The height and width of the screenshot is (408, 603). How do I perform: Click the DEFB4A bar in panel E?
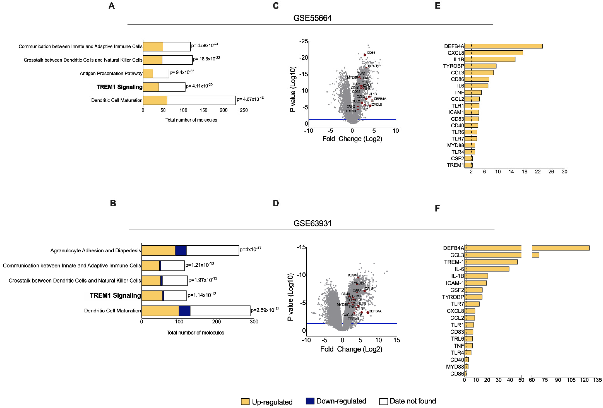(x=503, y=46)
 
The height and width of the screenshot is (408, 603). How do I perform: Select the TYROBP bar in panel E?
(x=480, y=66)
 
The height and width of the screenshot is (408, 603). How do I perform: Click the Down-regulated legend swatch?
(x=310, y=401)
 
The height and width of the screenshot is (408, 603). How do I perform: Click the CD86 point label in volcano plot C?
(x=371, y=53)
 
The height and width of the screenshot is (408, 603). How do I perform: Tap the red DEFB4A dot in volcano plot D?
(x=368, y=313)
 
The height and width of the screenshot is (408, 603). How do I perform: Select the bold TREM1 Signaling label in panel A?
(x=119, y=87)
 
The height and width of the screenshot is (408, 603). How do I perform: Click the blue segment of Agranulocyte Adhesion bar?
(x=181, y=250)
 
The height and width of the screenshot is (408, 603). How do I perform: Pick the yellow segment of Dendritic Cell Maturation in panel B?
(x=160, y=310)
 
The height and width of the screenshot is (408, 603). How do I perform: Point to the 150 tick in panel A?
(x=203, y=110)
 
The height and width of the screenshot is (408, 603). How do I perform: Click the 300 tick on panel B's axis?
(x=254, y=322)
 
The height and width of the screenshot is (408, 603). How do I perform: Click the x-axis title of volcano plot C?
(x=352, y=139)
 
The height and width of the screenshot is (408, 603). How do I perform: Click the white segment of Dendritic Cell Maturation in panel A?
(x=201, y=100)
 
